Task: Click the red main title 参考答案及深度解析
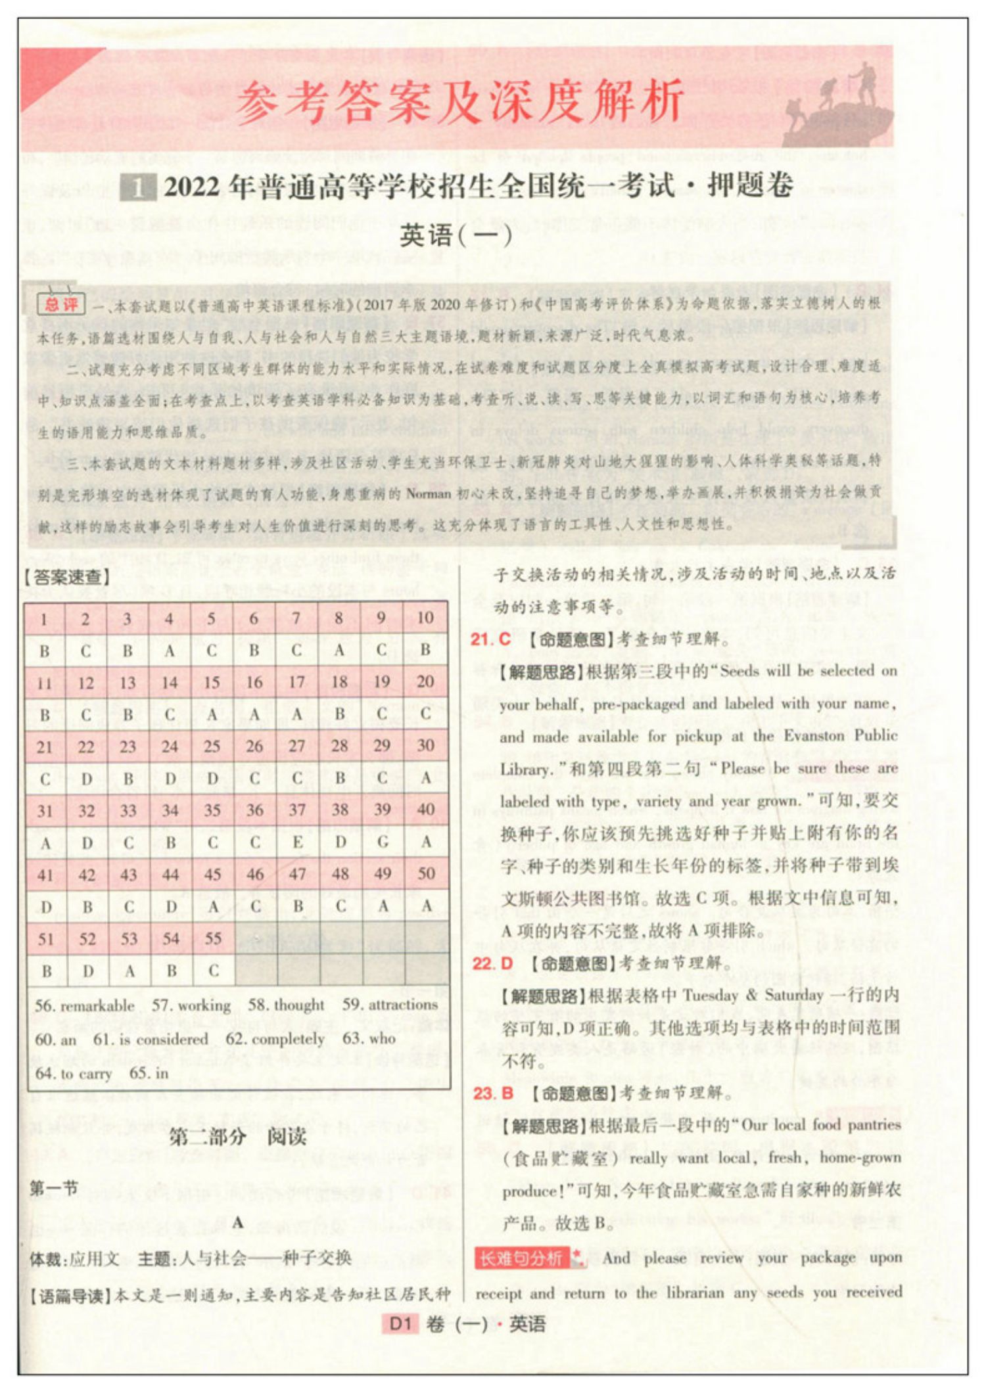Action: coord(460,102)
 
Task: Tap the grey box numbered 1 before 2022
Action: coord(137,189)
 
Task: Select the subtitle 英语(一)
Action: coord(456,235)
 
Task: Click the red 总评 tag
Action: coord(61,304)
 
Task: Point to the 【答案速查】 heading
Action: coord(67,577)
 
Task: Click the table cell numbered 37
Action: coord(297,810)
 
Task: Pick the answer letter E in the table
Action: coord(297,842)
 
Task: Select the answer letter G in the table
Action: coord(383,842)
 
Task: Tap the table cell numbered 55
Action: coord(212,938)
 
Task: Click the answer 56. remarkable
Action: coord(84,1005)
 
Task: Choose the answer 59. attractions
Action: coord(390,1004)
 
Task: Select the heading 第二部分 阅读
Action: coord(237,1136)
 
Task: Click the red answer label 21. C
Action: coord(490,639)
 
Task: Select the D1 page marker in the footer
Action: coord(400,1323)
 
